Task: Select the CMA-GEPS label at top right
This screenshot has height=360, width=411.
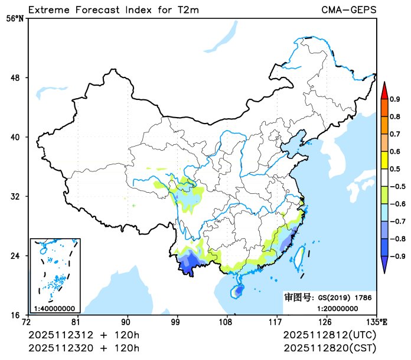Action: coord(349,9)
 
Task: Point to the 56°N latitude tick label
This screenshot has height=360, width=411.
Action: coord(15,19)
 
